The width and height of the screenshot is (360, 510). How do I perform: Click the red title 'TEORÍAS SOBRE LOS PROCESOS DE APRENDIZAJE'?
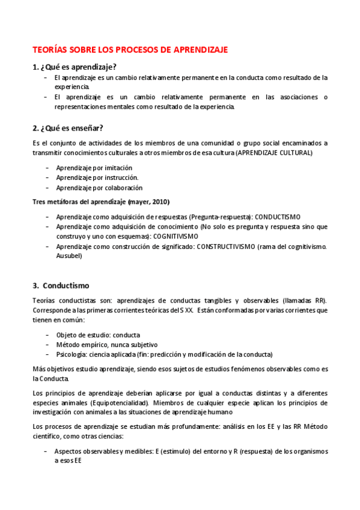[130, 50]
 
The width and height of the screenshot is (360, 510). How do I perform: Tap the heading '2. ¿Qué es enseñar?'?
[68, 127]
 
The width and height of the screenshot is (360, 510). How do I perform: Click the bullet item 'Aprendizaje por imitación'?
[94, 168]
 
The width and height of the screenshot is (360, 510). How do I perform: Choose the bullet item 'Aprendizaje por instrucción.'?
[97, 177]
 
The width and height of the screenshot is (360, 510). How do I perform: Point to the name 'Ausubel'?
[69, 256]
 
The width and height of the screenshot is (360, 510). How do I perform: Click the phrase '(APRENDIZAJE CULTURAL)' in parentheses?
[273, 153]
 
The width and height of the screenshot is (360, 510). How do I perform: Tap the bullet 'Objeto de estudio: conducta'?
[99, 334]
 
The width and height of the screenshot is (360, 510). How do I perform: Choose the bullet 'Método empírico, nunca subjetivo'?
[106, 345]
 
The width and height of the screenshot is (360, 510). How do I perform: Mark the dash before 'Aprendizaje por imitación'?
[47, 168]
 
